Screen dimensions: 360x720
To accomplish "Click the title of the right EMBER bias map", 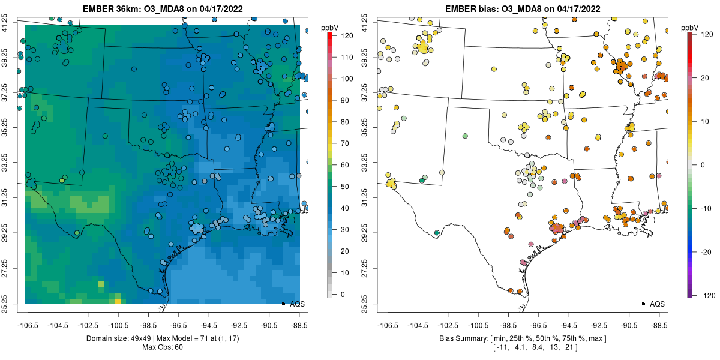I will (523, 9).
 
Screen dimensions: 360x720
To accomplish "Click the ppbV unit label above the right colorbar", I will (690, 28).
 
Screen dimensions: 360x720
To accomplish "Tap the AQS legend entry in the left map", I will (293, 304).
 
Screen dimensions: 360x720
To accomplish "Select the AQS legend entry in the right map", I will (653, 304).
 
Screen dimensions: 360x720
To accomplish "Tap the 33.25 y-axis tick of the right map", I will (372, 163).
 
